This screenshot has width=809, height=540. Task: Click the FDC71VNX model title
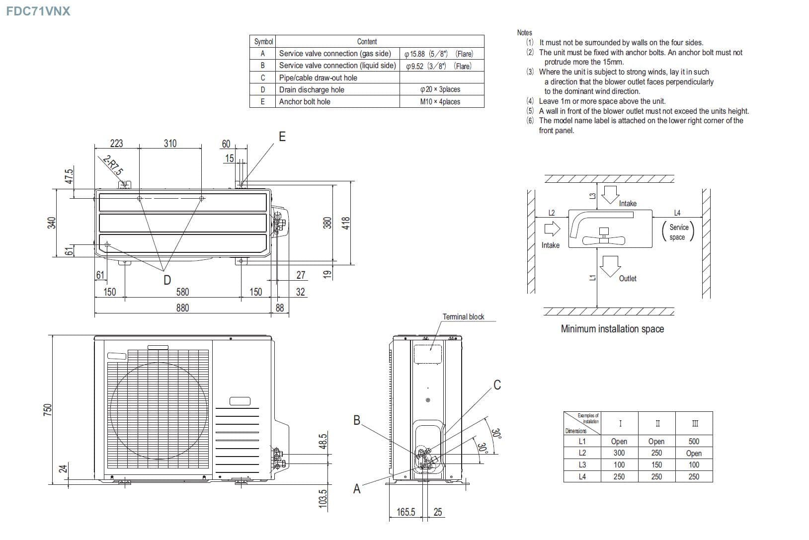pos(38,11)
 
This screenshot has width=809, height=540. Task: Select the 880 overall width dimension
pos(182,308)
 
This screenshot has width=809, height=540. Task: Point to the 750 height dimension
pos(48,409)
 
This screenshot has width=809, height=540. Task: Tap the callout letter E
pos(282,137)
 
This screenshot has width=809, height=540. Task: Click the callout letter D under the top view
pos(167,280)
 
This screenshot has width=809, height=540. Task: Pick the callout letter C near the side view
pos(497,385)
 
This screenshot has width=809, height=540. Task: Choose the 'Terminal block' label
pos(463,316)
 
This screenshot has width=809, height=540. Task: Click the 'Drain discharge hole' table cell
pos(312,89)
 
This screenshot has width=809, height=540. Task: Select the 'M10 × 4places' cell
pos(440,101)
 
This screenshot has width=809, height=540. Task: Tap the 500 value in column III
pos(694,441)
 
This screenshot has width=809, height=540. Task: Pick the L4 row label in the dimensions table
pos(582,476)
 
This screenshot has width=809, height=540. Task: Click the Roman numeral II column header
pos(657,424)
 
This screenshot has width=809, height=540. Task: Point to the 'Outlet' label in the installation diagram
pos(628,278)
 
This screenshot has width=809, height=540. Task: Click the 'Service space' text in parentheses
pos(678,232)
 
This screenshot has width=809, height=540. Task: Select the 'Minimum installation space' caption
pos(612,329)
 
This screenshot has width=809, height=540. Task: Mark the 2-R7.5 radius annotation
pos(112,166)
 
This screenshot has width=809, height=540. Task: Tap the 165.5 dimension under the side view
pos(405,512)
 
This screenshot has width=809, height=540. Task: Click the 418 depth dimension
pos(346,223)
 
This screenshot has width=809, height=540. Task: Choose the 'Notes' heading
pos(524,33)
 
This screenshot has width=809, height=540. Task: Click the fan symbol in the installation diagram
pos(604,239)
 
